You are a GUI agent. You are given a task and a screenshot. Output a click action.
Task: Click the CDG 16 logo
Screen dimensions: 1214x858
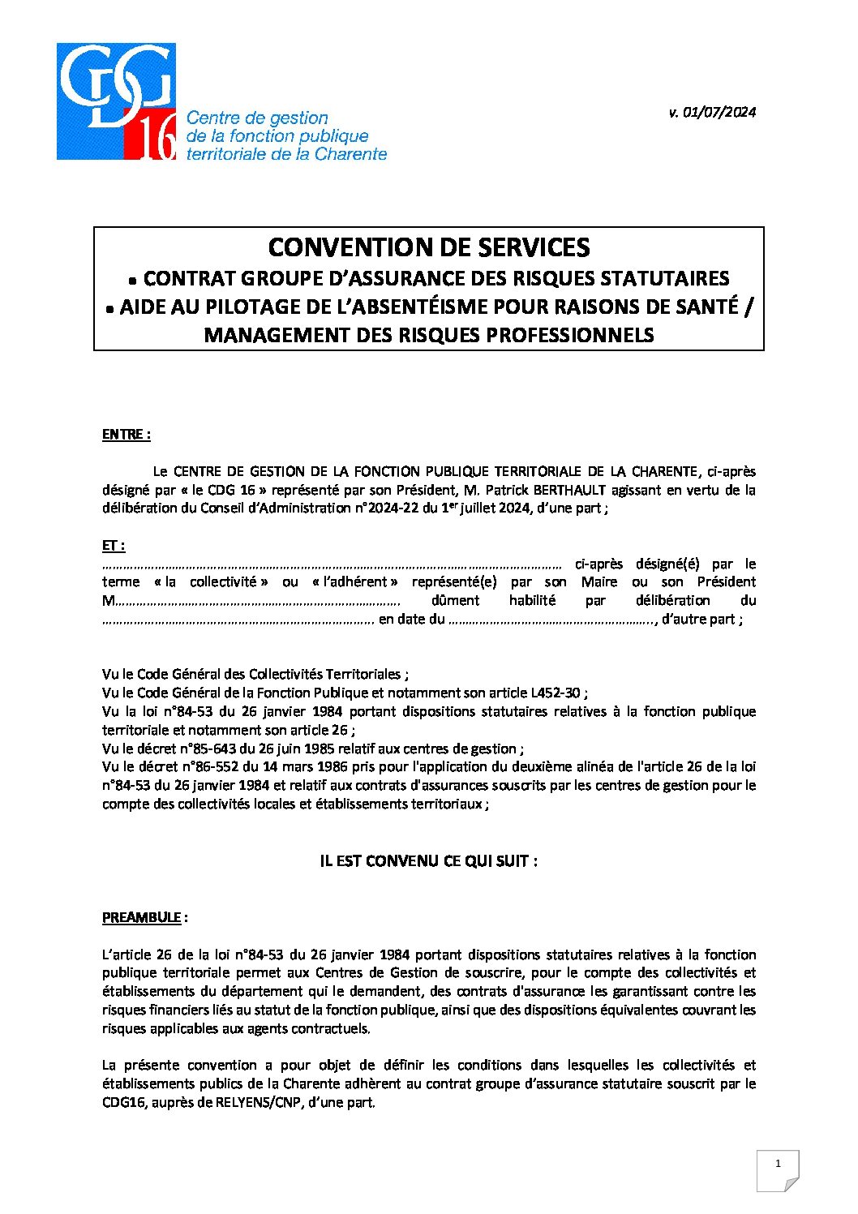pyautogui.click(x=116, y=101)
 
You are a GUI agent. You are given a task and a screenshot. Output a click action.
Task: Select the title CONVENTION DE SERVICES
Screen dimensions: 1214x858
pyautogui.click(x=429, y=247)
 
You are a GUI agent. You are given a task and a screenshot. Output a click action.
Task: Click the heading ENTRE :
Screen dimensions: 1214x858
pyautogui.click(x=127, y=435)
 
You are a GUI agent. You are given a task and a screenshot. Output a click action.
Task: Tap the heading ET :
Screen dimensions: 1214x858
pyautogui.click(x=114, y=546)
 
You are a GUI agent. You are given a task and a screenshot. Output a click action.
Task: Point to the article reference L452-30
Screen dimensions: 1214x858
pyautogui.click(x=556, y=693)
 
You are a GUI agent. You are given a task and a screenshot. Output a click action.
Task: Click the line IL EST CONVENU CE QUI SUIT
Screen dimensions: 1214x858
pyautogui.click(x=429, y=861)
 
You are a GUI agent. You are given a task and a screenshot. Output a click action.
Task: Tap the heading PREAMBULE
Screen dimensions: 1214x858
pyautogui.click(x=142, y=917)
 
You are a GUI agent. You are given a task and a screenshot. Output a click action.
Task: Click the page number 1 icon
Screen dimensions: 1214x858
pyautogui.click(x=778, y=1165)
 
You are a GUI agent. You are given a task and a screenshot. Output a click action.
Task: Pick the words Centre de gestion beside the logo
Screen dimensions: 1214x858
pyautogui.click(x=257, y=118)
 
